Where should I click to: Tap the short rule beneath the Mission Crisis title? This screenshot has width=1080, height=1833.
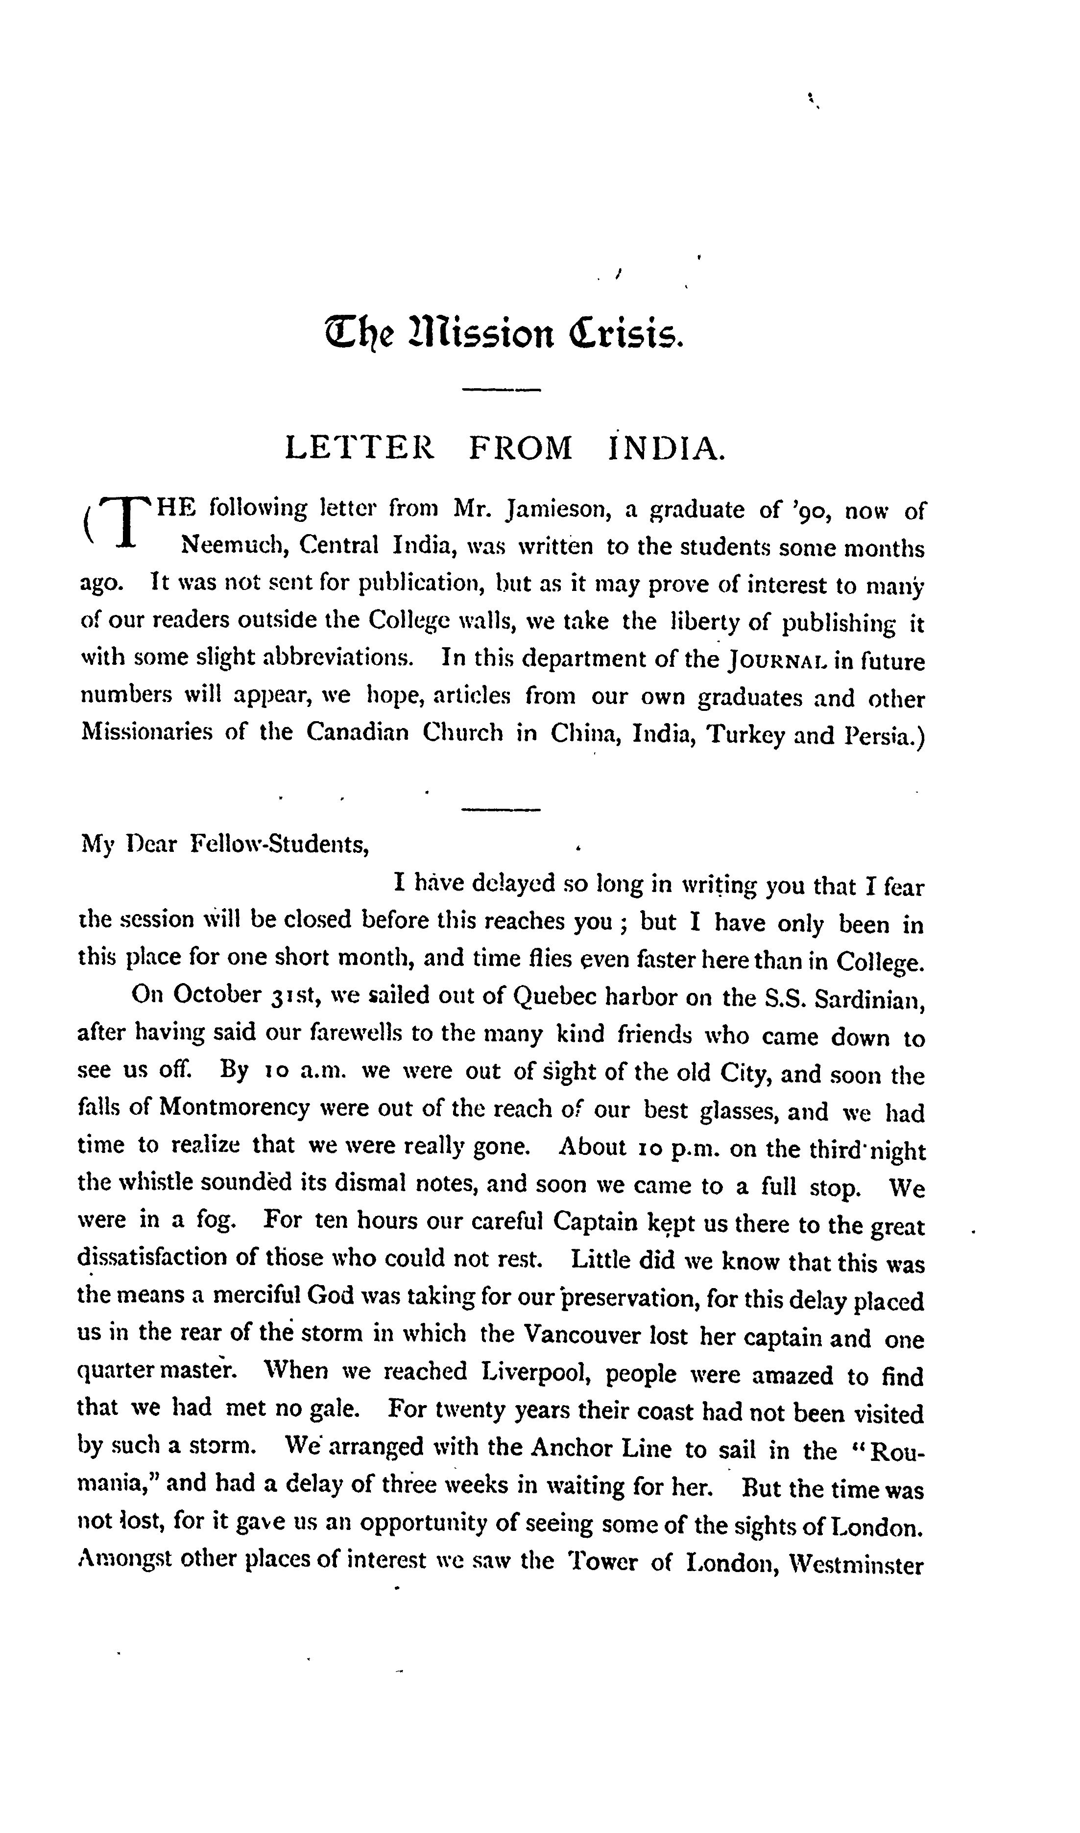pyautogui.click(x=502, y=391)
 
